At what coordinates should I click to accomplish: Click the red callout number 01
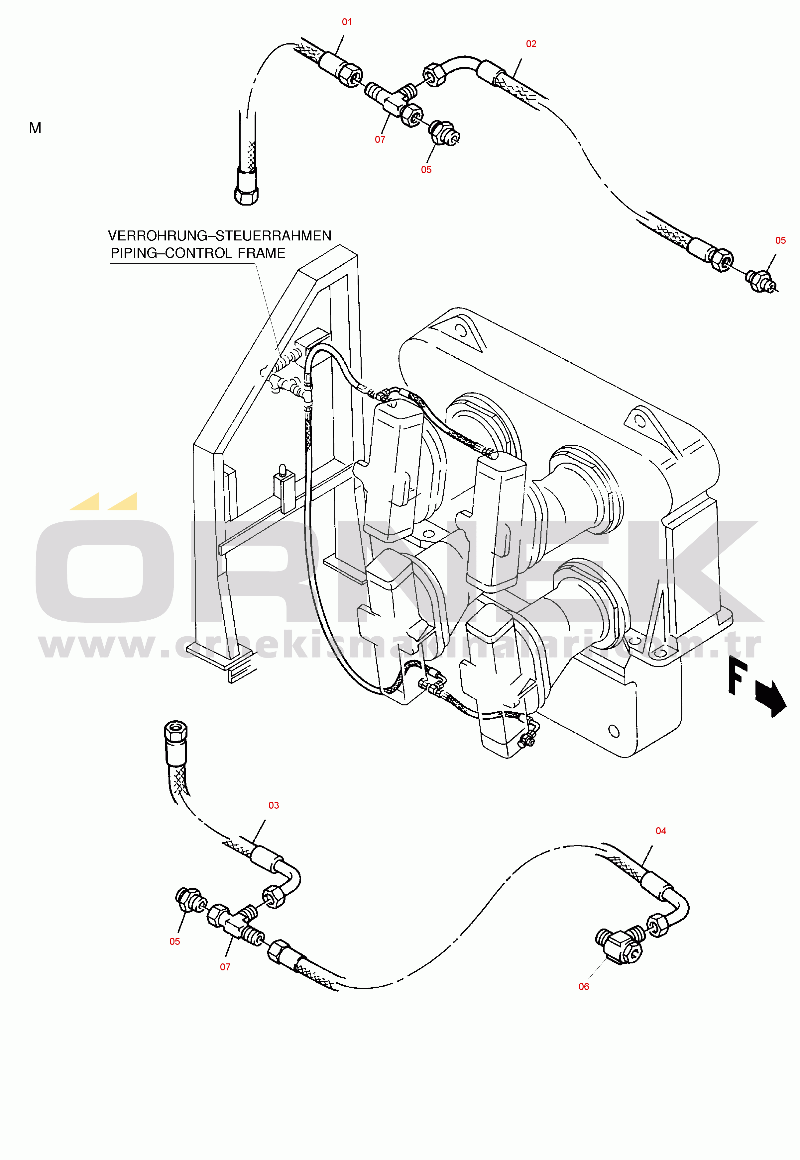pos(347,22)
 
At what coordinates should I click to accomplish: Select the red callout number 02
pos(531,44)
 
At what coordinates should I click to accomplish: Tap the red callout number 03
pos(273,805)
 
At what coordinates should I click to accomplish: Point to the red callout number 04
pos(661,831)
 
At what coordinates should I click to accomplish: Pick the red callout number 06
pos(583,987)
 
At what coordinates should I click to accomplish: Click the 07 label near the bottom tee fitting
pos(225,967)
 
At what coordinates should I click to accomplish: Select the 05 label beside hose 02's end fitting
pos(780,240)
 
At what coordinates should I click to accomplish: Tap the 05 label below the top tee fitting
pos(426,170)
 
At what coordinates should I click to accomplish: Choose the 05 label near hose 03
pos(174,941)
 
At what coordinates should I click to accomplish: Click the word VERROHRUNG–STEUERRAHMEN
pos(220,236)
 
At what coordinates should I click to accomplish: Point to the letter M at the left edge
pos(35,128)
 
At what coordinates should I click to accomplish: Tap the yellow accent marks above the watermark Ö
pos(103,501)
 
